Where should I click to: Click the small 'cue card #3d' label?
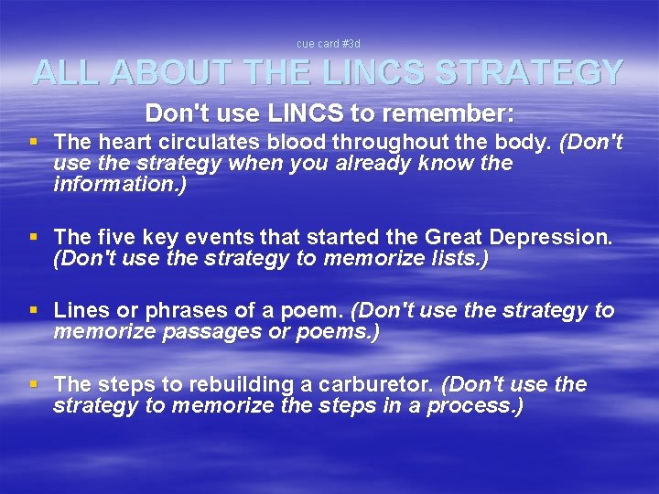(329, 43)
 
